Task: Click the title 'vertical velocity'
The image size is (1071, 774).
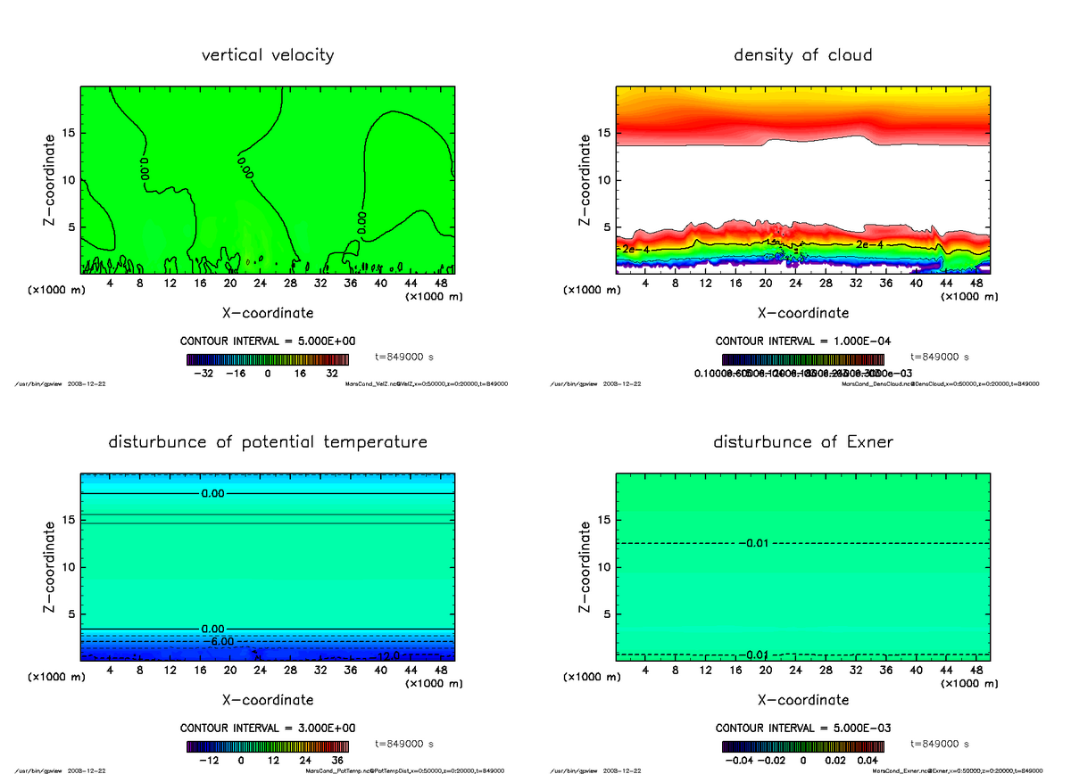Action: coord(268,55)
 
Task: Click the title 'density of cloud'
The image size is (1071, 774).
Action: coord(802,55)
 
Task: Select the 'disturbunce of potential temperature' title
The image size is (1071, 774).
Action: coord(268,442)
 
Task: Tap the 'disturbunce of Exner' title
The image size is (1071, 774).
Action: coord(802,442)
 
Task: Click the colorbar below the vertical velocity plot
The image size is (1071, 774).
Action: coord(268,359)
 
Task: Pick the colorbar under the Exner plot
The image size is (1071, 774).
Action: coord(802,746)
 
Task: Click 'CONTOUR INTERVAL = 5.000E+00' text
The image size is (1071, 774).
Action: coord(268,342)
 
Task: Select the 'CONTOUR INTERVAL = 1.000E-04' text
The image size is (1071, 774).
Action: coord(802,342)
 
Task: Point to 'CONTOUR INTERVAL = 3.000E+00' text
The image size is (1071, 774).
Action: coord(268,729)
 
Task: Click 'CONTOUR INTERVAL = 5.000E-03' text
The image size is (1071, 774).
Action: coord(802,729)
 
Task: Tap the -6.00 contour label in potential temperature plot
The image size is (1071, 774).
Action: coord(218,641)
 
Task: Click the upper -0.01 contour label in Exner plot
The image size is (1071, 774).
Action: coord(756,543)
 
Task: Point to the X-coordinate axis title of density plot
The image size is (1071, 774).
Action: coord(802,313)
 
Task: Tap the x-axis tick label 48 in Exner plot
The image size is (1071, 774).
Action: coord(977,669)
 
